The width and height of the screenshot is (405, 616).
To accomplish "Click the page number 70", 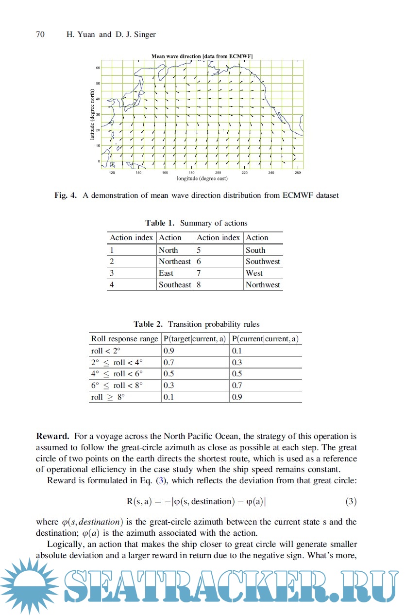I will pos(40,35).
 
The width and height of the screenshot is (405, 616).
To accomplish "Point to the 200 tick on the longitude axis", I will pos(218,173).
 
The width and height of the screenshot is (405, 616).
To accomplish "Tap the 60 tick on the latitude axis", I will pos(97,68).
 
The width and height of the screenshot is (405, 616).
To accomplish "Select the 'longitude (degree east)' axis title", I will pos(202,178).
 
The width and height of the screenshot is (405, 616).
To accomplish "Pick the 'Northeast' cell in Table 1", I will pos(175,262).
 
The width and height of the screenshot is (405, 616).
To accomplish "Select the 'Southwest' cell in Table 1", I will pos(263,262).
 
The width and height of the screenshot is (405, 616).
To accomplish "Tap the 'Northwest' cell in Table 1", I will pos(263,285).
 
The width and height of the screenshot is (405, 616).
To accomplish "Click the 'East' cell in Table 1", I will pos(166,273).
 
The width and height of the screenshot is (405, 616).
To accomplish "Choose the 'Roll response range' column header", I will pos(124,339).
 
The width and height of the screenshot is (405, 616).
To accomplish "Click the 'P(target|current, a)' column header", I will pos(195,339).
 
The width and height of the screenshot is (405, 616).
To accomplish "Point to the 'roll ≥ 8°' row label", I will pos(108,397).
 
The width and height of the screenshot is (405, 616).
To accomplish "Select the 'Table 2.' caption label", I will pos(149,324).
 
